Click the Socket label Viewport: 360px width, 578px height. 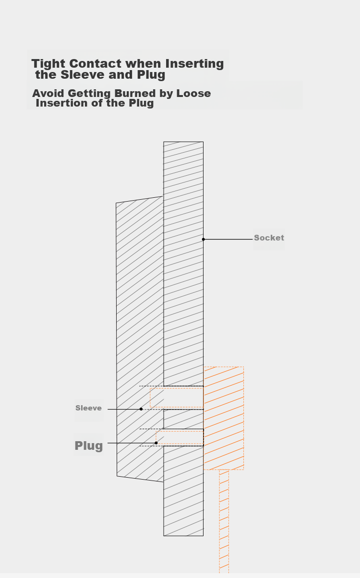[269, 238]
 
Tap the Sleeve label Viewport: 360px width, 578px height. [88, 408]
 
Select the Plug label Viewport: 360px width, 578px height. [89, 446]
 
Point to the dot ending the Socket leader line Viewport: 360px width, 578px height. [204, 239]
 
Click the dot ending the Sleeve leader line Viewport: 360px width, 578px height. [141, 409]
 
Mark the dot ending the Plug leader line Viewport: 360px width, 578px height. [156, 443]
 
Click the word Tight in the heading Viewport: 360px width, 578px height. [49, 64]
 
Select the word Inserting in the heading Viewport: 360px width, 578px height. [194, 64]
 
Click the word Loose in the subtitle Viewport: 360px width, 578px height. [193, 93]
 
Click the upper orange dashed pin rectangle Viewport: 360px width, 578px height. [177, 397]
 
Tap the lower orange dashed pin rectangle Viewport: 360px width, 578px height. [180, 437]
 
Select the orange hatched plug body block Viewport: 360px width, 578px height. [224, 418]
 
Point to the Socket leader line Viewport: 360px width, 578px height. [228, 239]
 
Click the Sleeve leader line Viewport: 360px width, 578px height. [124, 409]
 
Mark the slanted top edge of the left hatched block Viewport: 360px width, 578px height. [139, 200]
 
